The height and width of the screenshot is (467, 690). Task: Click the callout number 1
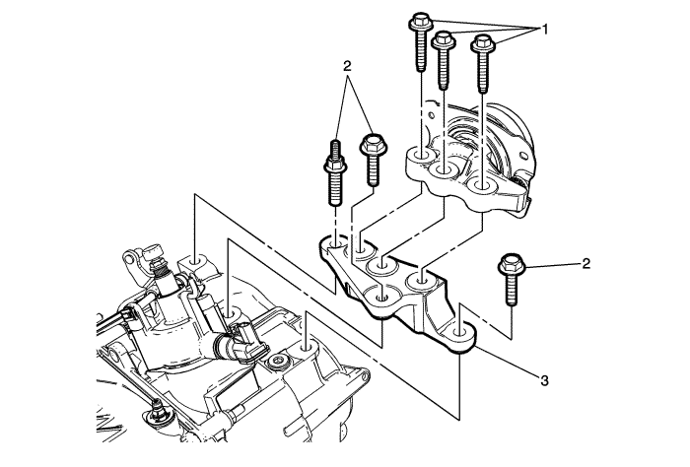coord(541,29)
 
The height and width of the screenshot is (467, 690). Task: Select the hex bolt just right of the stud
coord(373,160)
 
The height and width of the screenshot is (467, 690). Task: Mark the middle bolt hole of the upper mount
coord(444,173)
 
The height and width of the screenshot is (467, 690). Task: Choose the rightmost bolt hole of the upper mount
coord(483,184)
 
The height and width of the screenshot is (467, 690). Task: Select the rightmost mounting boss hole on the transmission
coord(308,345)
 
